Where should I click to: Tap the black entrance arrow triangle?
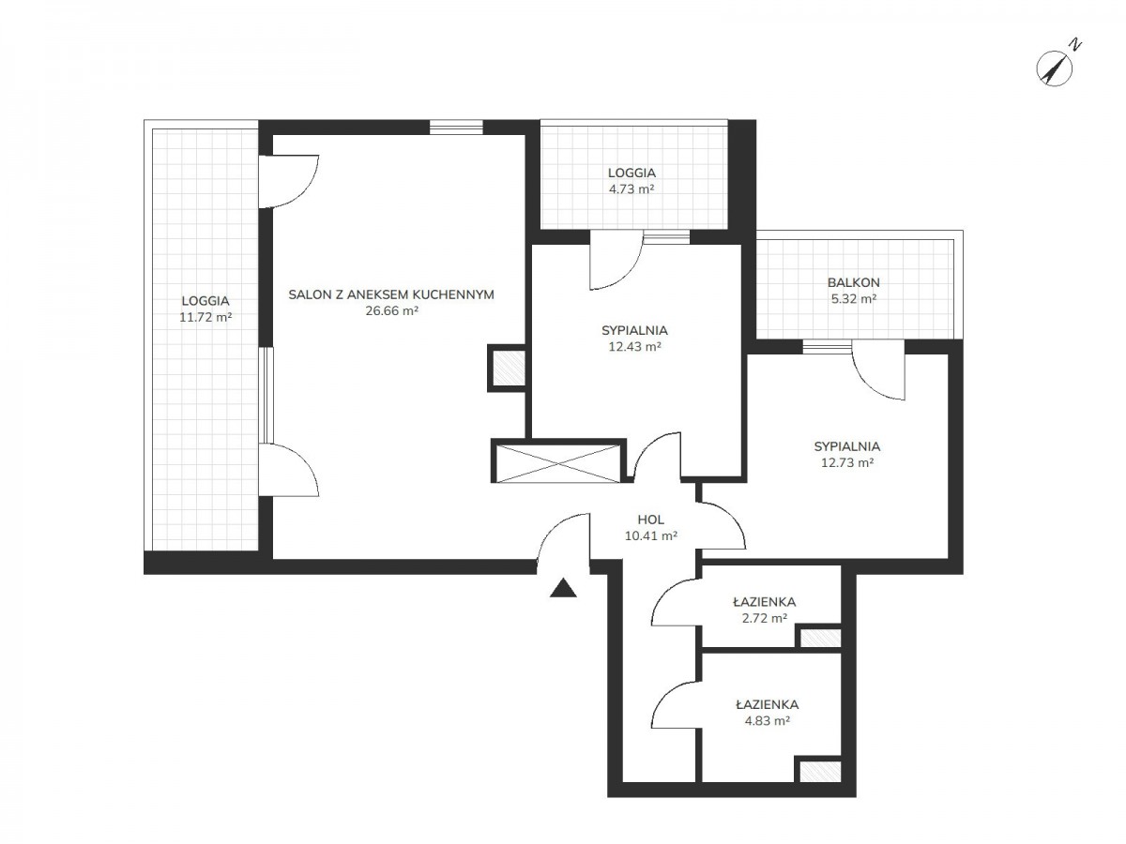pyautogui.click(x=563, y=588)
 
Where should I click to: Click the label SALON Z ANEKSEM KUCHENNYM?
pyautogui.click(x=391, y=294)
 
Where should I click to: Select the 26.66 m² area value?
pyautogui.click(x=391, y=310)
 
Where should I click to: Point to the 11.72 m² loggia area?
pyautogui.click(x=205, y=317)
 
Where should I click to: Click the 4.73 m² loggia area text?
pyautogui.click(x=631, y=189)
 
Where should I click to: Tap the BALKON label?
pyautogui.click(x=853, y=282)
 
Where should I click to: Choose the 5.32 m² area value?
pyautogui.click(x=854, y=299)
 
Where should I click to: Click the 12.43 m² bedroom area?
pyautogui.click(x=634, y=346)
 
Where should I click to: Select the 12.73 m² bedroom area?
pyautogui.click(x=847, y=462)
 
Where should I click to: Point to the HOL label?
pyautogui.click(x=650, y=520)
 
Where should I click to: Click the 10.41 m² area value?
pyautogui.click(x=650, y=536)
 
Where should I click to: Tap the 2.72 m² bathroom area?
pyautogui.click(x=765, y=618)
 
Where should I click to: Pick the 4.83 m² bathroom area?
pyautogui.click(x=767, y=721)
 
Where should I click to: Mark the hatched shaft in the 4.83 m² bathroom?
pyautogui.click(x=820, y=771)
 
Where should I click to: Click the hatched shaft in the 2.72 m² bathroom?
pyautogui.click(x=820, y=638)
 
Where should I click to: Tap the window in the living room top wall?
pyautogui.click(x=456, y=128)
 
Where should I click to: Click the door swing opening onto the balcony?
pyautogui.click(x=877, y=369)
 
